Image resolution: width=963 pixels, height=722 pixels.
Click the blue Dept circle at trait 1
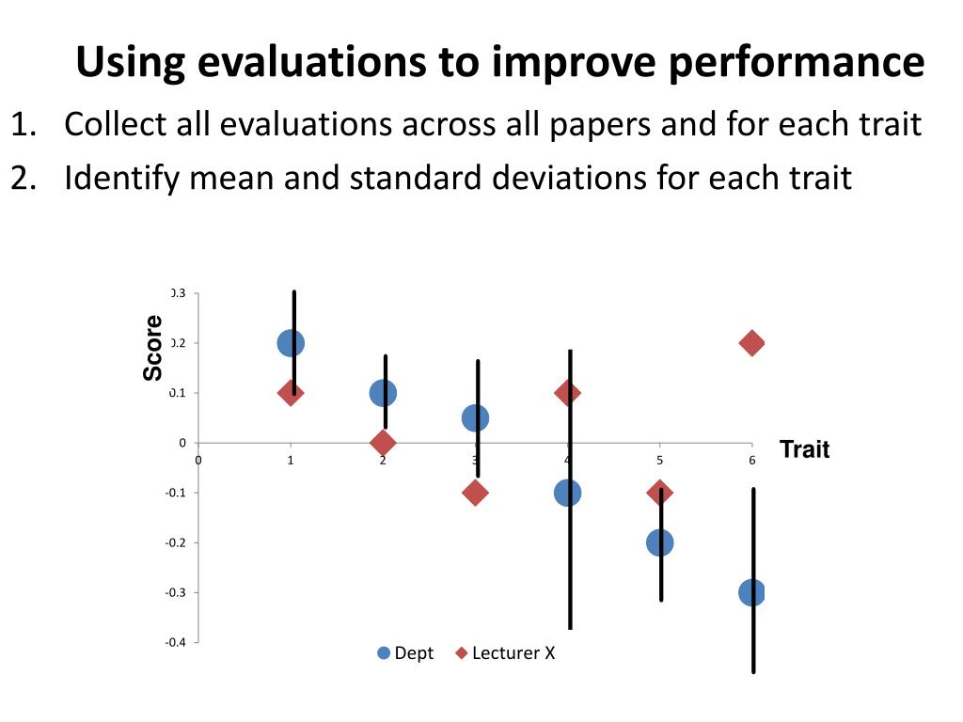291,343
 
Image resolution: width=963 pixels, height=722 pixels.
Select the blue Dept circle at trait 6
751,592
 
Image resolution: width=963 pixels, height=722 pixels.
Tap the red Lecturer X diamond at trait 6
751,343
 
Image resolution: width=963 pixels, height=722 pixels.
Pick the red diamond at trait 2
383,443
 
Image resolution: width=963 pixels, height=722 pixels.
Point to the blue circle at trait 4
567,493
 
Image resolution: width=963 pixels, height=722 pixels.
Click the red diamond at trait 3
475,493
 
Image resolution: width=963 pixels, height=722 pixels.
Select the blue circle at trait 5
659,542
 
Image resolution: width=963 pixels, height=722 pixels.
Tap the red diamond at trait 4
567,392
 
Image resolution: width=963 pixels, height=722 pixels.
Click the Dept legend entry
405,653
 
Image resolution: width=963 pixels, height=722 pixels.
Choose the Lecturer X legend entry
505,653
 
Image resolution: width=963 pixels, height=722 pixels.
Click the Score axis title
153,348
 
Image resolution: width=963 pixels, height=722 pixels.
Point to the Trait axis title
804,450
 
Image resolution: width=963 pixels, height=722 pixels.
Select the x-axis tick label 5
659,460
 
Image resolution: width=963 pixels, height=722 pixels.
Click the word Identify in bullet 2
122,177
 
